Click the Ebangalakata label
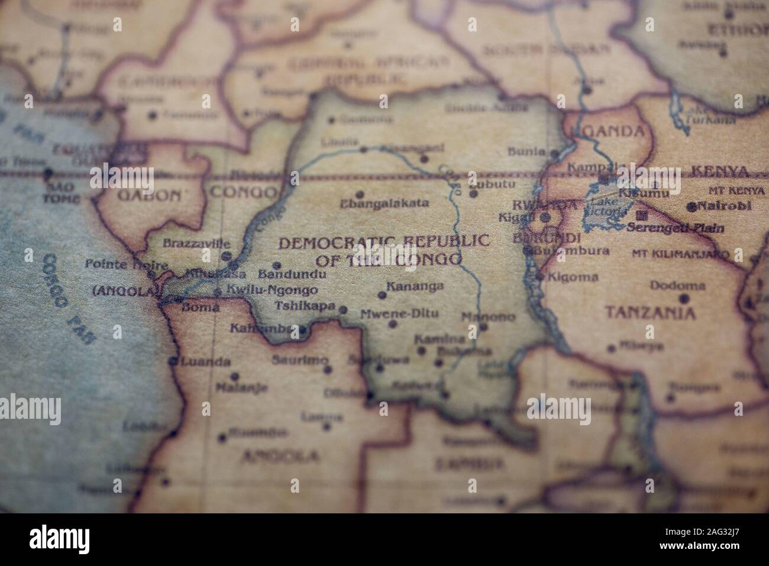[384, 203]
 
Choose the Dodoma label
[677, 286]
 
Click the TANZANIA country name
[650, 313]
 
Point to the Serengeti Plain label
[676, 228]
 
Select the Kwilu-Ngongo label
[272, 290]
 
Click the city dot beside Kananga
[382, 295]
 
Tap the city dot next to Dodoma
[684, 298]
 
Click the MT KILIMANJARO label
[680, 254]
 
